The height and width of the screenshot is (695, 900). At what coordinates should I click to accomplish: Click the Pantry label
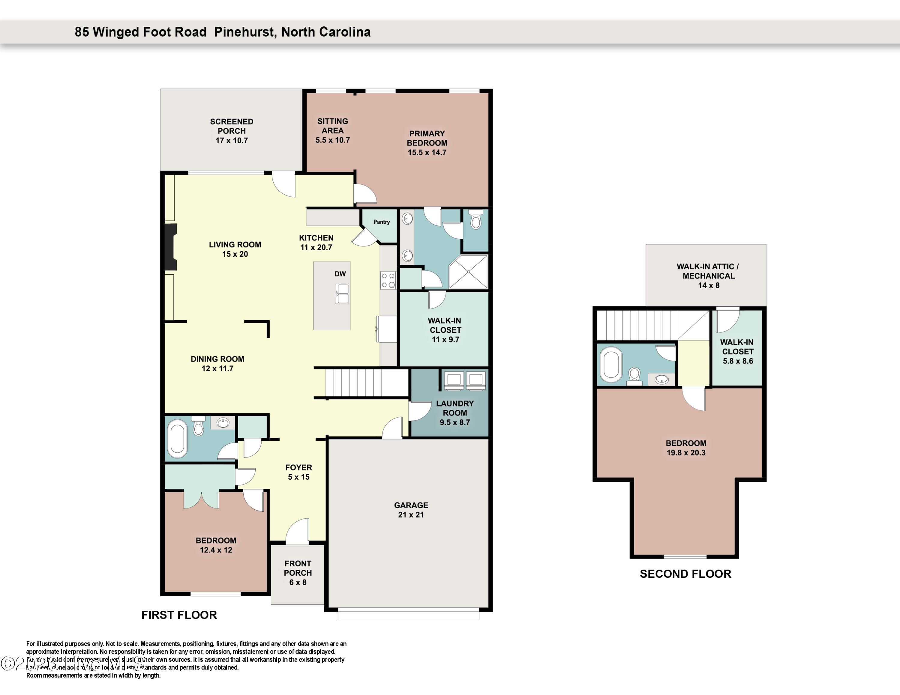[381, 222]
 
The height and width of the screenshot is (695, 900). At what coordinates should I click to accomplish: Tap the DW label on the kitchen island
[340, 274]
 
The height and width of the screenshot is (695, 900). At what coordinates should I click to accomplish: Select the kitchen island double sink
[342, 294]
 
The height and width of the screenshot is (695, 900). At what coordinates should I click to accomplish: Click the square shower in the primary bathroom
[468, 272]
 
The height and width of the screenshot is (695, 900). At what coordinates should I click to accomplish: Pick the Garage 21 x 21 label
[411, 510]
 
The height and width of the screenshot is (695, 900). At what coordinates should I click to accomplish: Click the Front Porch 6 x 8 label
[298, 573]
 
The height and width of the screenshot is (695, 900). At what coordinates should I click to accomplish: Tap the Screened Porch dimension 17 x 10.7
[232, 140]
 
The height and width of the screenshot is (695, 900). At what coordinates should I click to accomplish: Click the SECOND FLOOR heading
[685, 574]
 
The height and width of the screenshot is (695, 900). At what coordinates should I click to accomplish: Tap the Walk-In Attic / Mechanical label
[708, 271]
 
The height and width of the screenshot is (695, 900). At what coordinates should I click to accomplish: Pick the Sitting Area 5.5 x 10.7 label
[333, 130]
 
